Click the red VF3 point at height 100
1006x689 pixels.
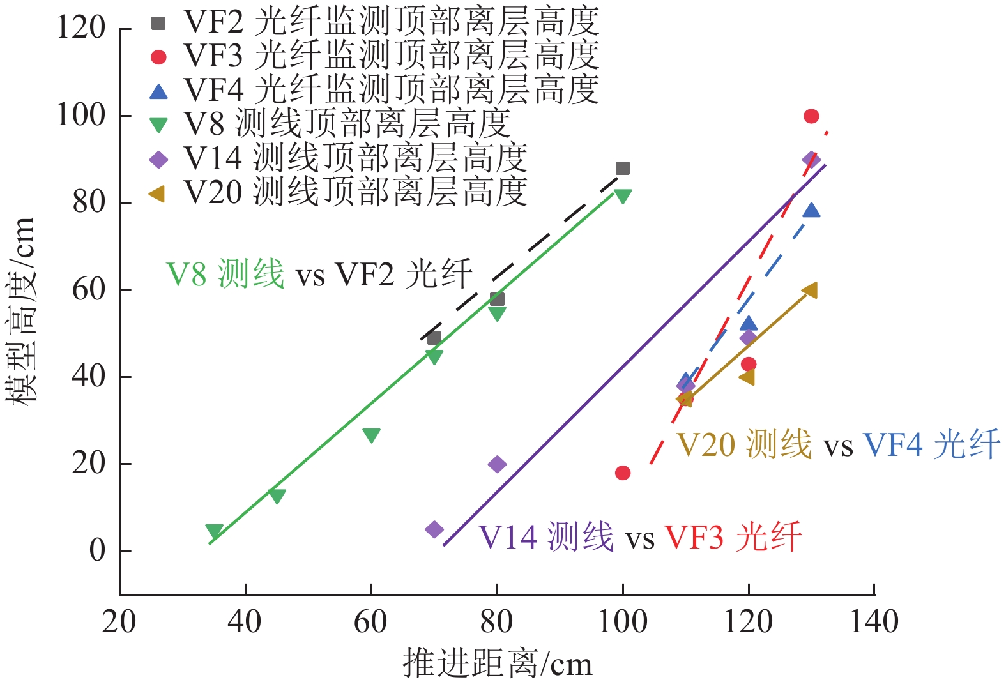(811, 116)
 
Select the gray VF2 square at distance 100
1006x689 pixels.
(623, 169)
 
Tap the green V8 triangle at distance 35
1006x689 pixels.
(215, 531)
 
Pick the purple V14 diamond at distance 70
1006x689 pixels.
(434, 529)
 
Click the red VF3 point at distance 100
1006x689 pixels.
(623, 473)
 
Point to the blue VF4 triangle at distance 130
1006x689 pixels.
(811, 210)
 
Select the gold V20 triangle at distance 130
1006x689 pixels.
(810, 291)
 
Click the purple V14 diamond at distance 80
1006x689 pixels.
(497, 464)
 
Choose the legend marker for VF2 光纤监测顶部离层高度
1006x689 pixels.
(158, 24)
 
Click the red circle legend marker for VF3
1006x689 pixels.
(158, 57)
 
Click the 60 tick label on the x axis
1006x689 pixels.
(371, 621)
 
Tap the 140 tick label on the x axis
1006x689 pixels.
(873, 621)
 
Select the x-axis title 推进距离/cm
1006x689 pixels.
(497, 663)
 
